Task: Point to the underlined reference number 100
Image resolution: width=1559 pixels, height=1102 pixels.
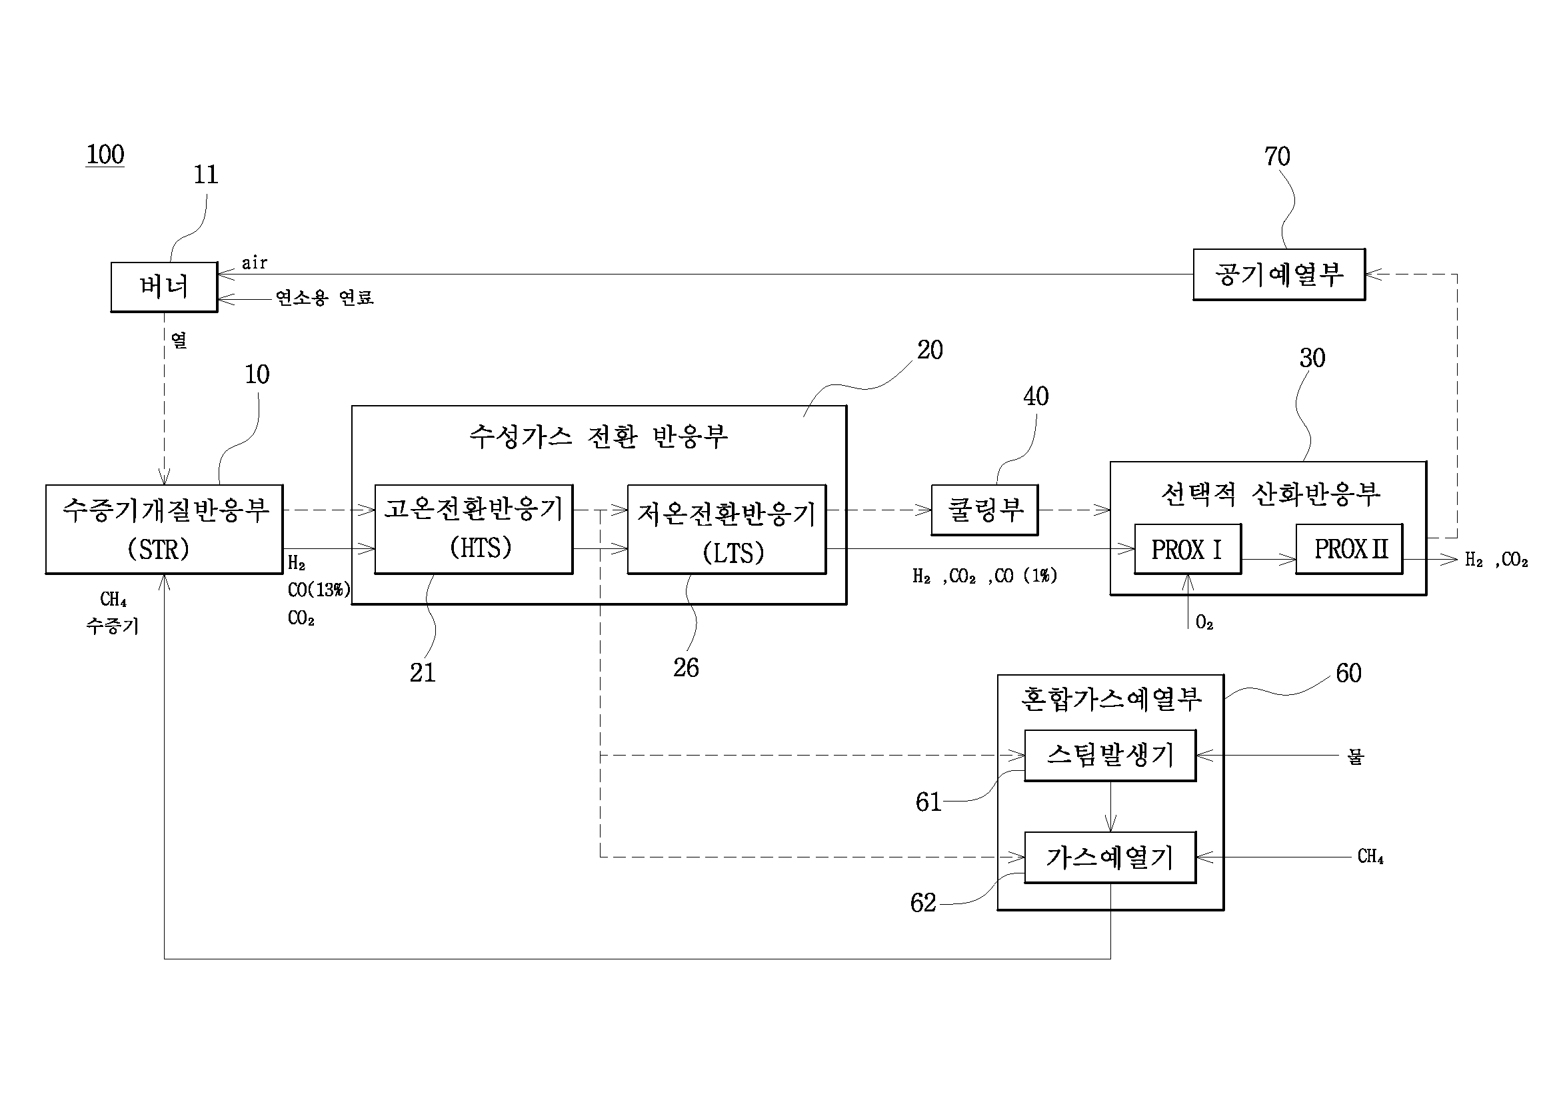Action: tap(105, 155)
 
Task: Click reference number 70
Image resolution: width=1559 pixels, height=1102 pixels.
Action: tap(1277, 157)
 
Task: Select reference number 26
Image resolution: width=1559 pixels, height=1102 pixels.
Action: tap(686, 668)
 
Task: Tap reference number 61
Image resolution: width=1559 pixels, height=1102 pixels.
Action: tap(928, 802)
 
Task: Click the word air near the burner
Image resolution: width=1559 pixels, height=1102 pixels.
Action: tap(255, 263)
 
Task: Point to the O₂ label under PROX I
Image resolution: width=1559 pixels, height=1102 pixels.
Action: tap(1204, 623)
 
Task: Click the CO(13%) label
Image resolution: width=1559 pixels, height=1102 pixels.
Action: tap(319, 590)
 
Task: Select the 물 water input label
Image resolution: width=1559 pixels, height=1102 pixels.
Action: tap(1355, 756)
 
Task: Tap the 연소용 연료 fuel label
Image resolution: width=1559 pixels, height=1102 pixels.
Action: tap(325, 297)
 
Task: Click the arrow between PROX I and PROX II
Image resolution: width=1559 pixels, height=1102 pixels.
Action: tap(1269, 559)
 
